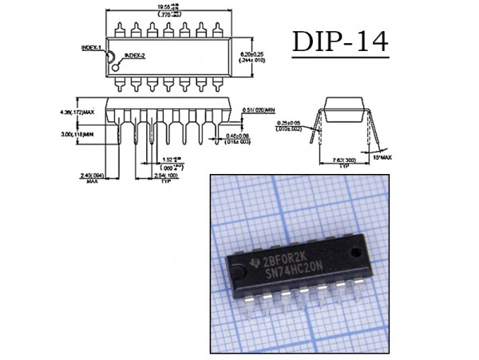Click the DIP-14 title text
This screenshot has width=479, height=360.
click(342, 42)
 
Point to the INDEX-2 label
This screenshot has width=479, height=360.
click(133, 56)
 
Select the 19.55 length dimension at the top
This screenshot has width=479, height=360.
click(168, 7)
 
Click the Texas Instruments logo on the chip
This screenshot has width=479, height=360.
click(253, 263)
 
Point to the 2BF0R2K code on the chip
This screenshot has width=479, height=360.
click(285, 258)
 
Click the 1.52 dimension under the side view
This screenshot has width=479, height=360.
click(167, 159)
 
